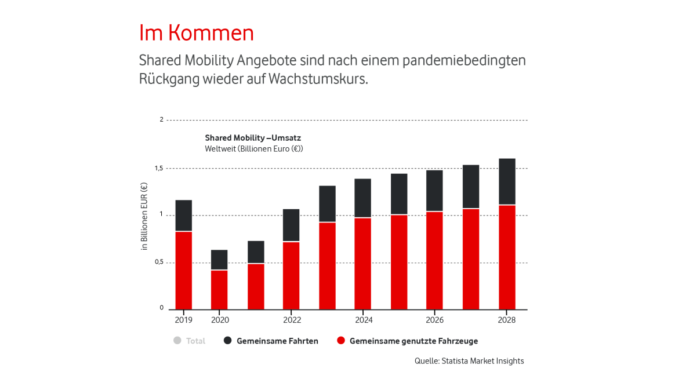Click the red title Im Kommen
196,33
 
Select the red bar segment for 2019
184,270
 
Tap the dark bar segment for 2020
219,260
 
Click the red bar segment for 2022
291,275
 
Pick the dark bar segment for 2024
363,198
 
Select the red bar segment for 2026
434,260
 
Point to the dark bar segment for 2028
507,181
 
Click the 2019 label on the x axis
184,320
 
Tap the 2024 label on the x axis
363,320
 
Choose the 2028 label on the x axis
506,320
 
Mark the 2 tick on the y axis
162,120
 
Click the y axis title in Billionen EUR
144,217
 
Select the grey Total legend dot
177,341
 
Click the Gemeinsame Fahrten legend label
277,341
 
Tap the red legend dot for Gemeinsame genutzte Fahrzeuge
341,341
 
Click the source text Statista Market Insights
482,361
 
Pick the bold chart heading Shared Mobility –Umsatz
253,138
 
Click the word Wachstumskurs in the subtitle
318,79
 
